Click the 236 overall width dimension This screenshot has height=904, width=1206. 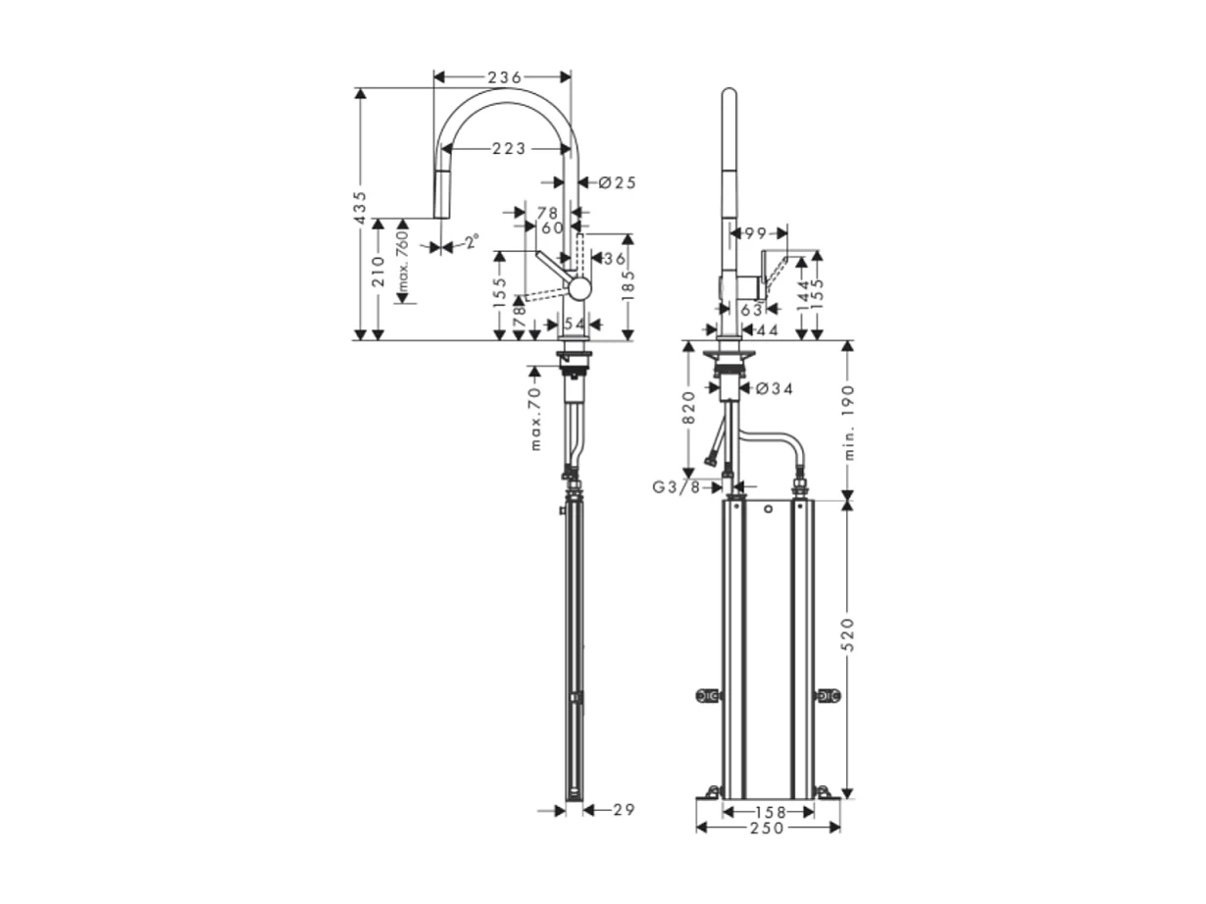pos(502,76)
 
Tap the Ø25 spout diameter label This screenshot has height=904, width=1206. pos(617,181)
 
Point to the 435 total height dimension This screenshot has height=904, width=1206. pos(360,210)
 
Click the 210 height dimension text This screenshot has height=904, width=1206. pos(377,279)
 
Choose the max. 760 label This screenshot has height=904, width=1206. pos(401,264)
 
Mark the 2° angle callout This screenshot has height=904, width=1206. pos(472,241)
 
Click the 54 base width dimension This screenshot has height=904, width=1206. pos(575,324)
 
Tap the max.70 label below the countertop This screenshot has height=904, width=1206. pos(535,419)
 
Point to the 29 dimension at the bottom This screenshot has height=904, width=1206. pos(624,810)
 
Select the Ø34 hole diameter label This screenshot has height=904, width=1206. pos(774,388)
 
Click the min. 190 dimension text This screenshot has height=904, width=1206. pos(849,422)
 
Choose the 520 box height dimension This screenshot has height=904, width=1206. pos(849,634)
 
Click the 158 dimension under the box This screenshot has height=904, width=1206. pos(768,812)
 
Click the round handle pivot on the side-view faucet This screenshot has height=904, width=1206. pos(580,288)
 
